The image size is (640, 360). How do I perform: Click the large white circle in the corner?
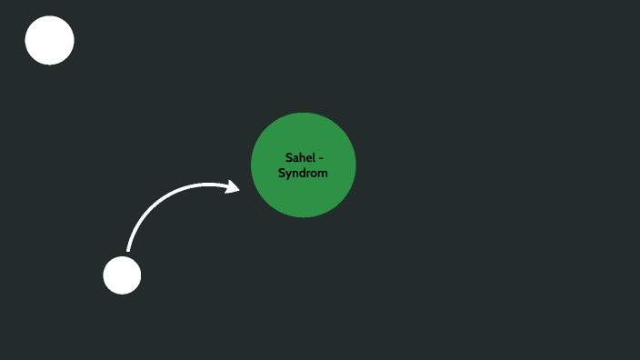point(49,40)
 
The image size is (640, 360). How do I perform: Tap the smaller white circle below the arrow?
point(122,275)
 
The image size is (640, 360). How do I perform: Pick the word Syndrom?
point(303,173)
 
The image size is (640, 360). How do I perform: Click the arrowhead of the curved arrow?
point(234,187)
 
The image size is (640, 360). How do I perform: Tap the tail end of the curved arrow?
point(128,249)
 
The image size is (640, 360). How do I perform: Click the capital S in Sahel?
point(288,158)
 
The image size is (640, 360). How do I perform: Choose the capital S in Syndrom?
point(281,173)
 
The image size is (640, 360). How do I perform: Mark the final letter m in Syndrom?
point(323,173)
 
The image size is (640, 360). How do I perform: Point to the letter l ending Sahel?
point(312,158)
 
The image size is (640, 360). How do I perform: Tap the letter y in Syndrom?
point(288,174)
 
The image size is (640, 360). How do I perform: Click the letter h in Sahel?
point(300,158)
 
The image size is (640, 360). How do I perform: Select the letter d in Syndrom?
point(302,173)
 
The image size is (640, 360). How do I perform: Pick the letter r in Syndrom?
point(308,173)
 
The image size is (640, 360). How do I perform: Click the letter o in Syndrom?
point(315,173)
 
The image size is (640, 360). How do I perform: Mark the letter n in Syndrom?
point(295,173)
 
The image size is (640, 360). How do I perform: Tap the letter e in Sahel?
point(307,158)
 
